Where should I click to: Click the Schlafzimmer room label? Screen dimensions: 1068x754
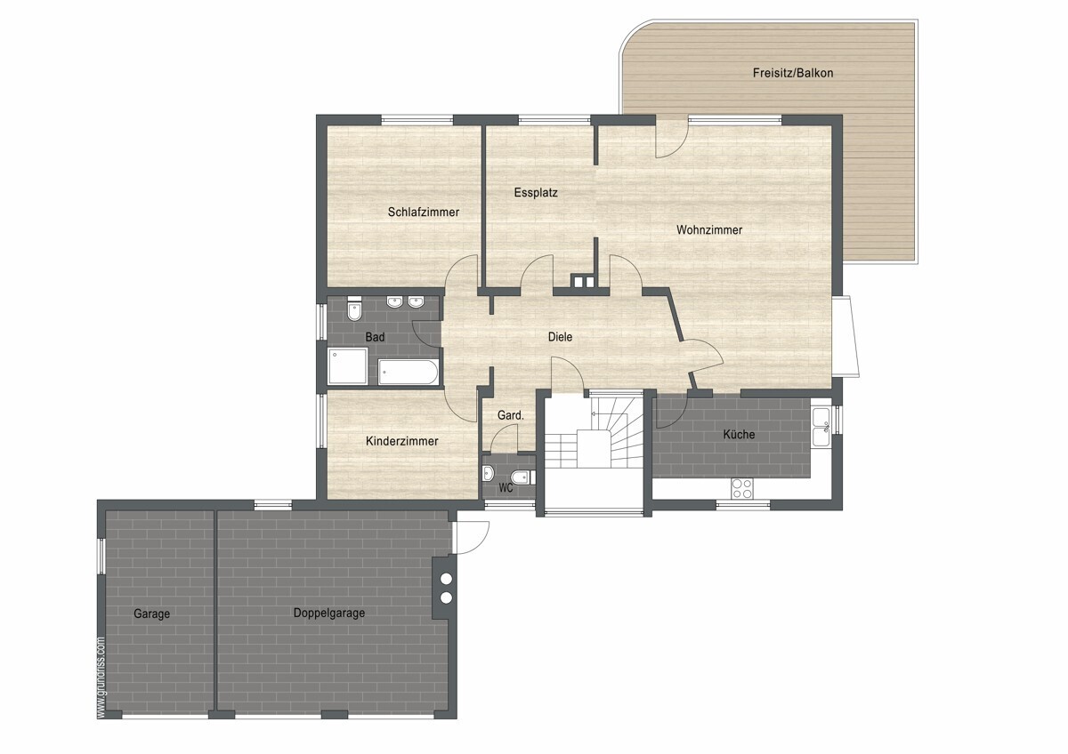tap(424, 212)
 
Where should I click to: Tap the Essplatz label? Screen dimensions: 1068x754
tap(536, 193)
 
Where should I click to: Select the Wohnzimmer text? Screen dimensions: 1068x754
tap(709, 230)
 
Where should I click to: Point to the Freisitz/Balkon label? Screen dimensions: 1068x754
tap(793, 73)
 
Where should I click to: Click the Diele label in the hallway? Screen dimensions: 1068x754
tap(560, 337)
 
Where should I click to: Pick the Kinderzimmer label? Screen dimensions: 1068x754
tap(402, 441)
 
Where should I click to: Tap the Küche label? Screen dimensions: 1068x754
tap(739, 434)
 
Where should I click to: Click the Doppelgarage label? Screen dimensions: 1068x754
tap(329, 613)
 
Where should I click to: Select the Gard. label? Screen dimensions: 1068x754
tap(510, 415)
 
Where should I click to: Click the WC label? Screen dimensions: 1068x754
tap(506, 488)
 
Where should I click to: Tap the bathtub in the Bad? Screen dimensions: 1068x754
tap(408, 373)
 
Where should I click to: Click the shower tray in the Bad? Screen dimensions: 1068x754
tap(348, 365)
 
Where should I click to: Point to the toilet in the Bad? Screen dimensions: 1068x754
tap(354, 309)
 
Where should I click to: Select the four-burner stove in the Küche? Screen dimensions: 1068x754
tap(742, 488)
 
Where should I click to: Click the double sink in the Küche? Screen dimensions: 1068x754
tap(821, 427)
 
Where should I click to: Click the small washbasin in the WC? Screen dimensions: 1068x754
tap(489, 474)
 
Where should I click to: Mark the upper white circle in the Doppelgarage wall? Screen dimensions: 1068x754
tap(446, 579)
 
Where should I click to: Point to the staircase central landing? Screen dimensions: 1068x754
tap(595, 449)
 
